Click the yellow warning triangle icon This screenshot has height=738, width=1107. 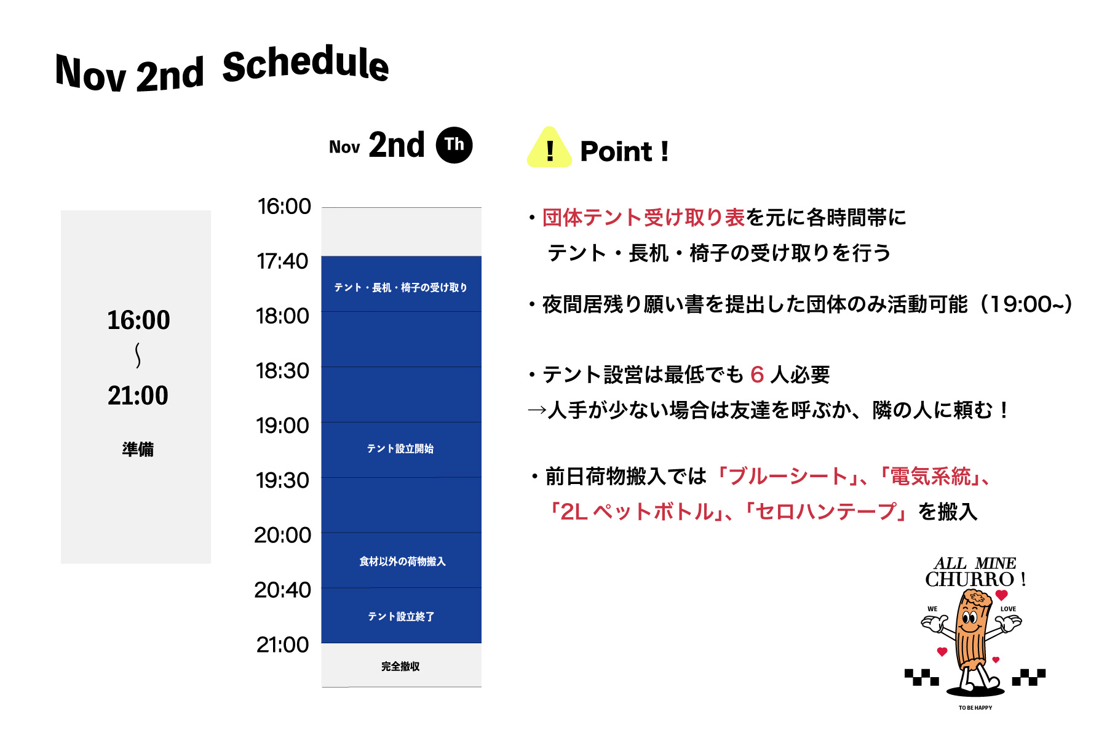(x=549, y=148)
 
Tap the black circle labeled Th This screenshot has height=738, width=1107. (x=454, y=145)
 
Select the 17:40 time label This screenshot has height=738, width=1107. (x=282, y=261)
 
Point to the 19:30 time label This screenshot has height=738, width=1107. (x=282, y=480)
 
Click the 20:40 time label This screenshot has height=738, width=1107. (x=282, y=590)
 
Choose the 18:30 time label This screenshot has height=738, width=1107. (x=282, y=371)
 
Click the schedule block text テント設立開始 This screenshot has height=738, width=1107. (x=400, y=449)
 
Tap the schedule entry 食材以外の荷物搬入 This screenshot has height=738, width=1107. (x=402, y=561)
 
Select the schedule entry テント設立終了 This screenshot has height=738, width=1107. (x=401, y=617)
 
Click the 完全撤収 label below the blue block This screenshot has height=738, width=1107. (x=400, y=667)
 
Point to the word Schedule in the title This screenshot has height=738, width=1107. (x=306, y=64)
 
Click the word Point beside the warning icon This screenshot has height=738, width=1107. (x=616, y=151)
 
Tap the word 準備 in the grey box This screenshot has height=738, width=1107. (x=138, y=450)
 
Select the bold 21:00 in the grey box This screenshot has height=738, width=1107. (x=138, y=395)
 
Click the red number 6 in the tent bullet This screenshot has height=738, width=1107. (x=757, y=375)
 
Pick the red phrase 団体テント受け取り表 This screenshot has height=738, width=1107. (x=644, y=218)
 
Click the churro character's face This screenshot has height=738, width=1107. (x=970, y=617)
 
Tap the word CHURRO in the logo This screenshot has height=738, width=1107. (x=970, y=579)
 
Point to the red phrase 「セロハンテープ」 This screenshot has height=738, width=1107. (x=826, y=512)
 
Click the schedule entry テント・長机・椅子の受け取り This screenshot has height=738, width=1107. (x=400, y=288)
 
